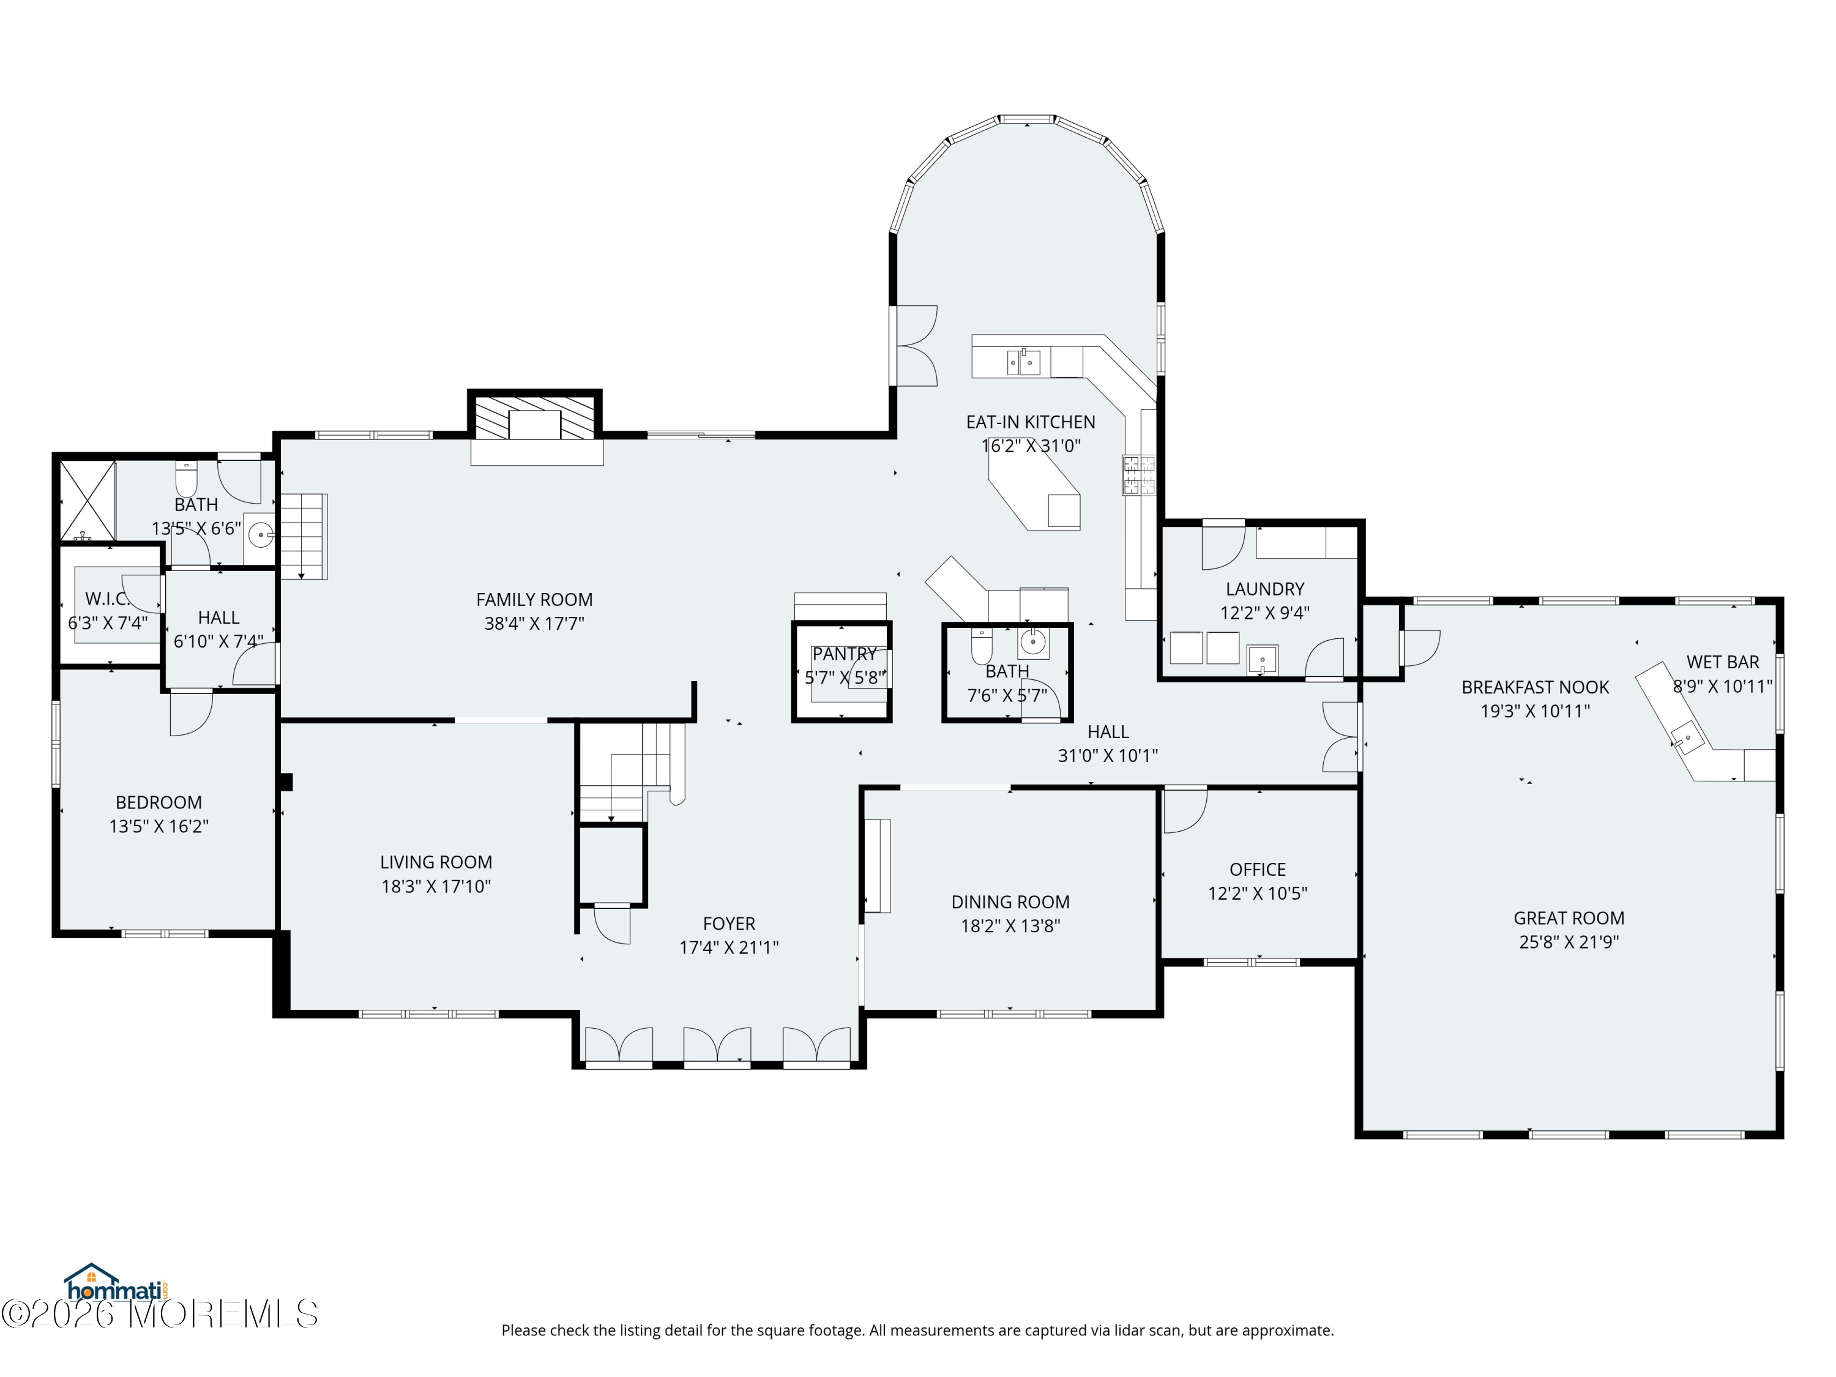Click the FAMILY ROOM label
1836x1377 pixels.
(x=534, y=599)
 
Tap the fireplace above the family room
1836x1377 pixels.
(x=535, y=417)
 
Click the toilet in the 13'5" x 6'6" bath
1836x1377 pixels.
(x=186, y=479)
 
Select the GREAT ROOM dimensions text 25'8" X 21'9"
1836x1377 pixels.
(x=1569, y=941)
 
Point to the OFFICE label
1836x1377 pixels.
(x=1258, y=869)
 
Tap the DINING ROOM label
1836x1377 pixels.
(x=1010, y=901)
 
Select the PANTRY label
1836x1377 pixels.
(x=844, y=654)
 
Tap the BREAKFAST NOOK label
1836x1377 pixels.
(x=1535, y=687)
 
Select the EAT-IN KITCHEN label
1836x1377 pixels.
(x=1030, y=422)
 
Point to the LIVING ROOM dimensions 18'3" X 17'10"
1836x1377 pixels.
(x=436, y=886)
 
